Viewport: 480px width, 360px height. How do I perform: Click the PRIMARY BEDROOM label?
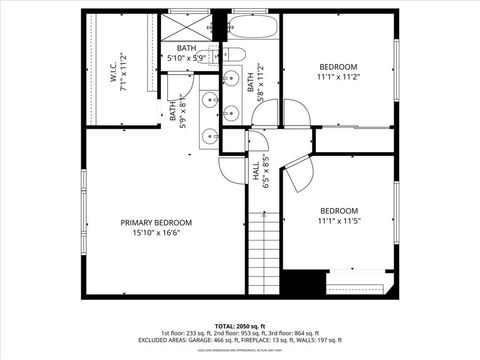click(x=157, y=222)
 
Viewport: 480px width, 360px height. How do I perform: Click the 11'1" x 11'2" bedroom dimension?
click(x=338, y=76)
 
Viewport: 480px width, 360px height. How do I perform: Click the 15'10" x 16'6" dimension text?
click(x=157, y=233)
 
